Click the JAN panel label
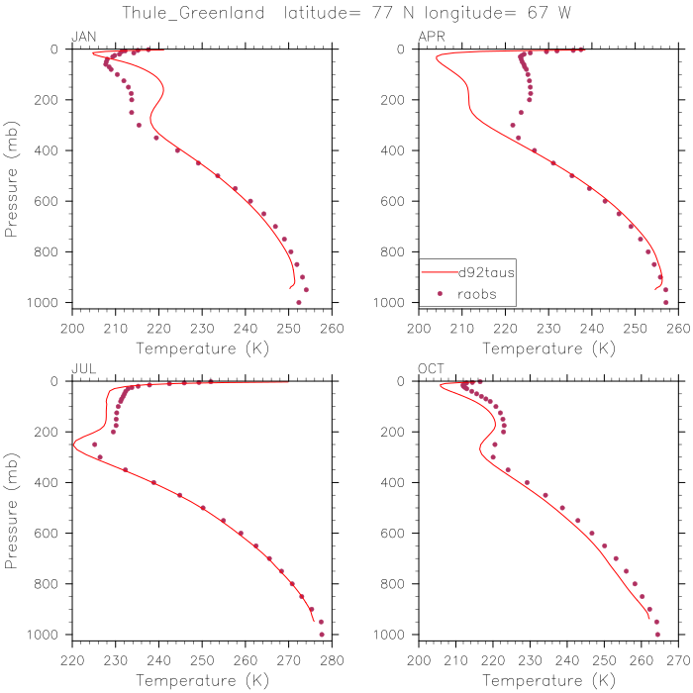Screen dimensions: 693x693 point(83,37)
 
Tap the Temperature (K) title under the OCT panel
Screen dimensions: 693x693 point(547,681)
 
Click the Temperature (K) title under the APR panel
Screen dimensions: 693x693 point(547,348)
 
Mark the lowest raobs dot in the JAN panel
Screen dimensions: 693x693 point(299,302)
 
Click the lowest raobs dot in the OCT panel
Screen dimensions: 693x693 point(657,634)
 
